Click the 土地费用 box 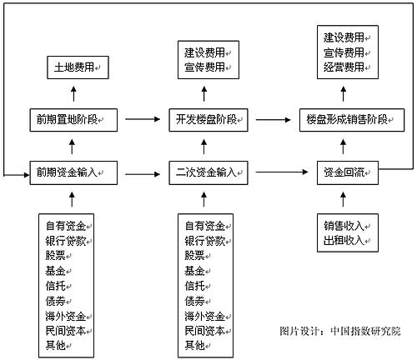tap(78, 67)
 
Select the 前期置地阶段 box tap(73, 120)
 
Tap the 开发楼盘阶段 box tap(208, 120)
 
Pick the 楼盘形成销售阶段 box tap(352, 120)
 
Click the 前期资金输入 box tap(73, 172)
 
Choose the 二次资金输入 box tap(208, 172)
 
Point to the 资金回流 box tap(348, 172)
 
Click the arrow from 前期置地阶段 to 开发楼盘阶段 tap(143, 119)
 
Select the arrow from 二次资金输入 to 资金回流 tap(282, 172)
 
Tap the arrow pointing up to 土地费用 tap(73, 93)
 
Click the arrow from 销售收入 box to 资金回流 tap(344, 199)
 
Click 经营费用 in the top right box tap(344, 67)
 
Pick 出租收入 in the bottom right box tap(344, 240)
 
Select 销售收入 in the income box tap(344, 226)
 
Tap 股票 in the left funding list tap(55, 256)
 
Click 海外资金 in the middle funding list tap(205, 316)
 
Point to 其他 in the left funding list tap(55, 345)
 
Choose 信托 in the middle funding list tap(194, 286)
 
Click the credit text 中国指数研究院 tap(365, 331)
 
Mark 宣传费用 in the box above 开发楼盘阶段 tap(204, 67)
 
